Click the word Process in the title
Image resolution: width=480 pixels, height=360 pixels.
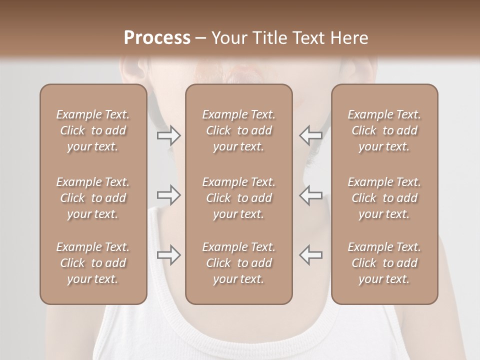click(x=157, y=38)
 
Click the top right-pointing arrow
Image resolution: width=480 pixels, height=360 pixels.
click(x=168, y=135)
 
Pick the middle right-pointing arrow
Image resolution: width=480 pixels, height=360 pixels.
click(x=168, y=195)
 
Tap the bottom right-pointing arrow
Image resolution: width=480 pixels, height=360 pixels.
click(x=168, y=255)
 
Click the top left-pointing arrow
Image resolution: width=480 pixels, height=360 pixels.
click(x=310, y=135)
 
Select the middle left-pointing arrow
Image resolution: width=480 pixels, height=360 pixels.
click(x=310, y=195)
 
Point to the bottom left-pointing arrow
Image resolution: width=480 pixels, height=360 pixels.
click(x=310, y=255)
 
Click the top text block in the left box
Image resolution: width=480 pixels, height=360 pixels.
click(x=93, y=130)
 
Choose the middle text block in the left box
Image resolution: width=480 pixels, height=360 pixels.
click(x=93, y=198)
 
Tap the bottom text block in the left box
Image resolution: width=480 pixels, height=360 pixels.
click(x=93, y=263)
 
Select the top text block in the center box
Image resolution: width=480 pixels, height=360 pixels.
click(x=239, y=130)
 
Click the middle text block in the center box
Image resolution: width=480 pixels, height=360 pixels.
click(x=239, y=198)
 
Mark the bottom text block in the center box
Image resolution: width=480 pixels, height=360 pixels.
click(x=239, y=263)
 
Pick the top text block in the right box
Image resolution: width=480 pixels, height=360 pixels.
click(x=384, y=130)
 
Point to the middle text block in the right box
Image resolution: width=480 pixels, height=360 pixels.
click(x=384, y=198)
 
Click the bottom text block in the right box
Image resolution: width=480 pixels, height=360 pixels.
click(x=384, y=263)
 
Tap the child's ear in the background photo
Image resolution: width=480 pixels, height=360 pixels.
click(x=131, y=70)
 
